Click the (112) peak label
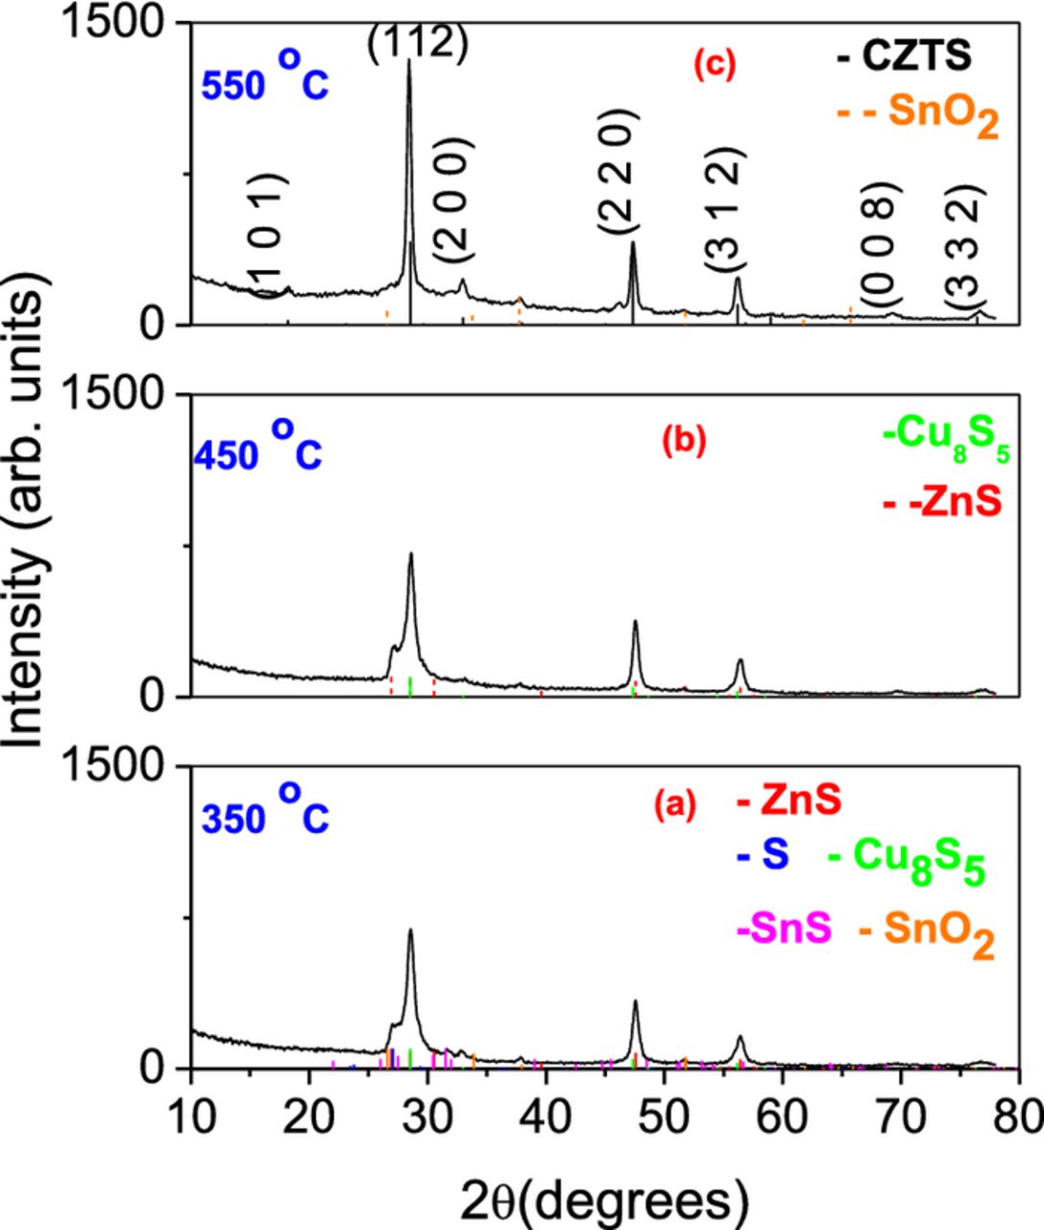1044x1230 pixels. (418, 43)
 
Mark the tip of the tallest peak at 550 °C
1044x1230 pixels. (409, 61)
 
